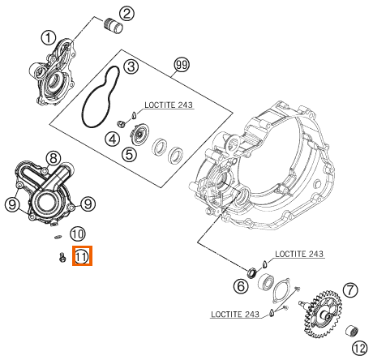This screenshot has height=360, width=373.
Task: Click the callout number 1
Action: pyautogui.click(x=49, y=38)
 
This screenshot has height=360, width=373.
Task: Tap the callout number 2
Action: pyautogui.click(x=126, y=13)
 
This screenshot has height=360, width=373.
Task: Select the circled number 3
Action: pyautogui.click(x=131, y=66)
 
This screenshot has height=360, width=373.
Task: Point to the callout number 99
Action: pyautogui.click(x=182, y=65)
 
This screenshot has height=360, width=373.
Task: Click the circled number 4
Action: pyautogui.click(x=113, y=139)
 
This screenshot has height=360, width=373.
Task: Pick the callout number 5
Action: pyautogui.click(x=129, y=155)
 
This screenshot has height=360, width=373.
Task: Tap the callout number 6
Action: pyautogui.click(x=241, y=286)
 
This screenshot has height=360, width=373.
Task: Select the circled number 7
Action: pyautogui.click(x=350, y=290)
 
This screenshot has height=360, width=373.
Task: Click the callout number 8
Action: pyautogui.click(x=54, y=158)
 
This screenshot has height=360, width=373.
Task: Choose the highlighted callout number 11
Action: pyautogui.click(x=82, y=256)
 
